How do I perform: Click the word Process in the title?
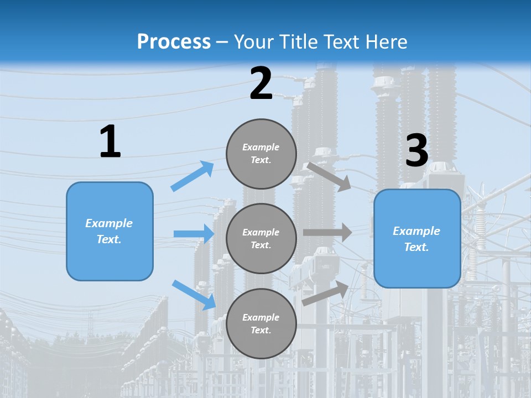click(x=174, y=42)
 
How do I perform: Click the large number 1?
click(x=110, y=142)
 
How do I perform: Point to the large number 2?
click(x=261, y=84)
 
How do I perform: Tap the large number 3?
click(x=417, y=150)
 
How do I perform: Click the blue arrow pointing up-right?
click(x=192, y=176)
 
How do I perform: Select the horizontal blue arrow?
click(x=194, y=234)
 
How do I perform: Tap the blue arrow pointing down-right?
click(x=194, y=294)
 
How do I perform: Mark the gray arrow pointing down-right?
click(x=329, y=176)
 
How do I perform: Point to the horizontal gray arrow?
click(x=327, y=233)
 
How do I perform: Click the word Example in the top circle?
click(x=261, y=147)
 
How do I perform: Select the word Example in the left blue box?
click(x=109, y=223)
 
